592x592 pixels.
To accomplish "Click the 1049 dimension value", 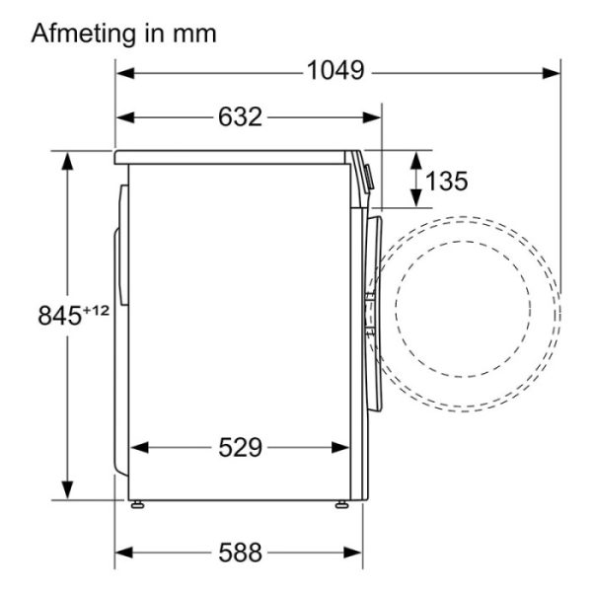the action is [x=335, y=70].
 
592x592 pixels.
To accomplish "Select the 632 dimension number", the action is [x=240, y=116].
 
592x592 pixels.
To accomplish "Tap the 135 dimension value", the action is [x=447, y=181].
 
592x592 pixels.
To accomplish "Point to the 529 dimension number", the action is [x=240, y=447].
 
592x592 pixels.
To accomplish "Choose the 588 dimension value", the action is [x=240, y=553].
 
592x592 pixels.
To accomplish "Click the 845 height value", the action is [x=59, y=316].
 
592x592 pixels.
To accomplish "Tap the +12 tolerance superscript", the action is [x=96, y=311].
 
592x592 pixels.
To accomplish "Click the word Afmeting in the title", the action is [x=83, y=34].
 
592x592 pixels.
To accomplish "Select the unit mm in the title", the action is [x=194, y=35].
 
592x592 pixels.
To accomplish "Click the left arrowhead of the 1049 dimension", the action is [x=125, y=73].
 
